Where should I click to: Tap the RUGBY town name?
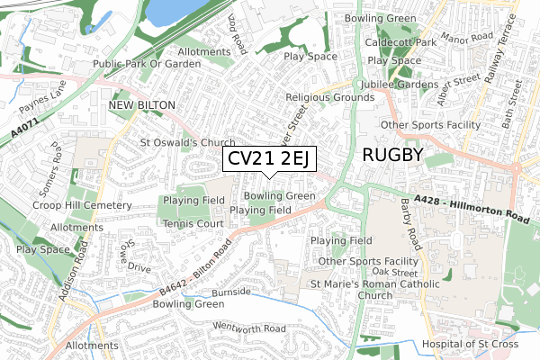point(392,154)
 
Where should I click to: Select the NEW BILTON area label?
point(141,105)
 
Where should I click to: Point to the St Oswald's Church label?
point(187,142)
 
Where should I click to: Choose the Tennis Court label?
point(193,222)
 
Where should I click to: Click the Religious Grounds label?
point(329,96)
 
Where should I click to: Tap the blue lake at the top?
point(176,12)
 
